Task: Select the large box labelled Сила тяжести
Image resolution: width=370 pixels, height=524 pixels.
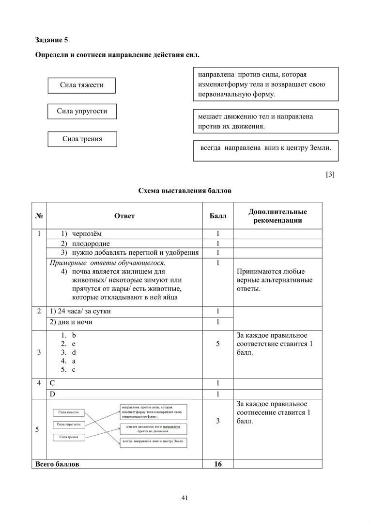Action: [x=82, y=85]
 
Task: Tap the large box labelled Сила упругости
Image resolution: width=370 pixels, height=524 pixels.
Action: [x=82, y=111]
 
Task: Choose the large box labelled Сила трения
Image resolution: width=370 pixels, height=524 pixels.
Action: [x=82, y=139]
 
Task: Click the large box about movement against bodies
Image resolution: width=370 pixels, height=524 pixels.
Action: [x=265, y=121]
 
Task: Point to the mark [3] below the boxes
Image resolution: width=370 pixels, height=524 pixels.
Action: [x=330, y=175]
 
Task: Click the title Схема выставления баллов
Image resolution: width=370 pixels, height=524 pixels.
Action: [x=185, y=191]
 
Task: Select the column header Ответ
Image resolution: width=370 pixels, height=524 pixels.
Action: [x=124, y=216]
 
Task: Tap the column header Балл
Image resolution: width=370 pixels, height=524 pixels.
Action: [x=218, y=216]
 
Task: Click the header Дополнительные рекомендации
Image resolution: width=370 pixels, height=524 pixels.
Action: [x=277, y=216]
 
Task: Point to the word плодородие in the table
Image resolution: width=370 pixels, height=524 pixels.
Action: [x=91, y=244]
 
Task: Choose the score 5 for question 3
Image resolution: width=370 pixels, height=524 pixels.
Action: [x=218, y=344]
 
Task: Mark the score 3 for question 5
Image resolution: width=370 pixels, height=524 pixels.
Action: [x=218, y=421]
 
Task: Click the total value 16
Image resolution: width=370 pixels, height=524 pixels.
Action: [x=218, y=464]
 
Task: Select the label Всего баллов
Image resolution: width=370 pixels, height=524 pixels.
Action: [x=57, y=464]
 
